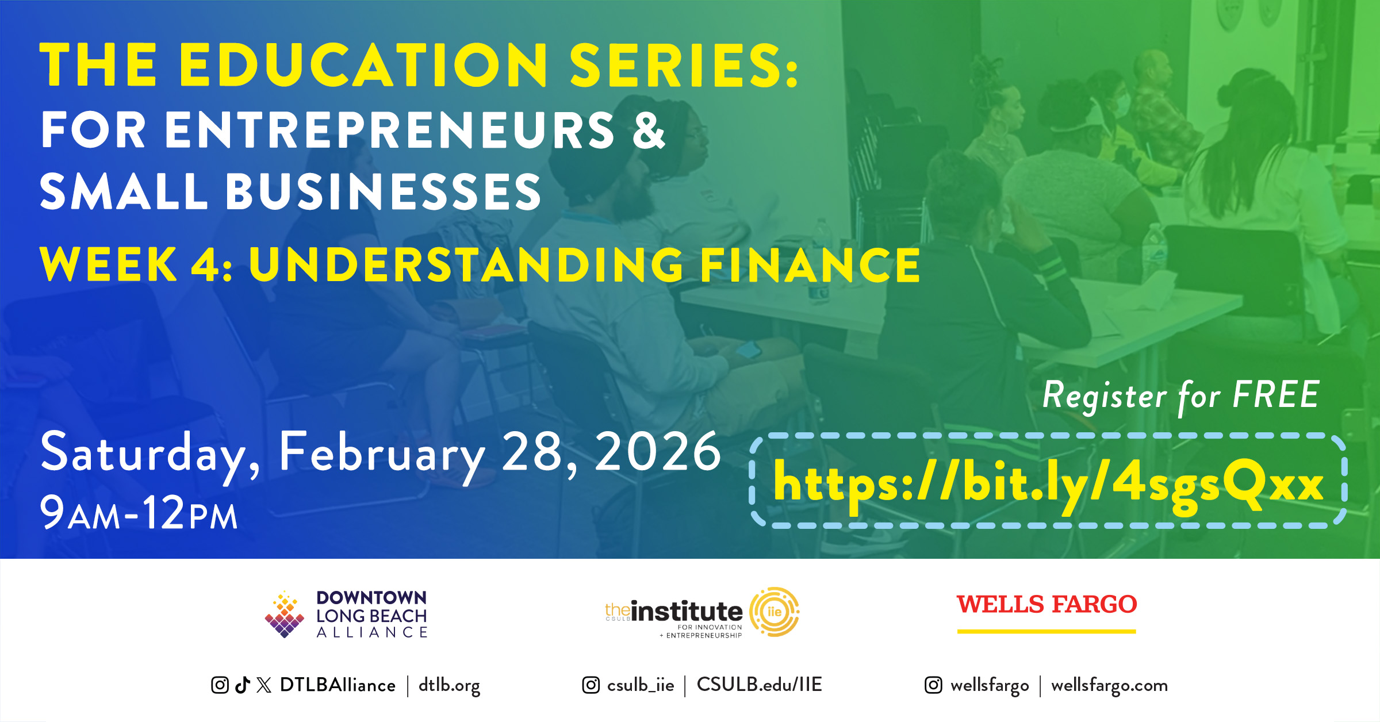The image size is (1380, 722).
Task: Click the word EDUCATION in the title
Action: coord(363,65)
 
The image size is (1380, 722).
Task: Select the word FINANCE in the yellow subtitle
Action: coord(810,264)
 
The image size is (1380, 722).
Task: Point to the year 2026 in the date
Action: coord(658,452)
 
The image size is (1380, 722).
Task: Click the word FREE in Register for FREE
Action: coord(1276,394)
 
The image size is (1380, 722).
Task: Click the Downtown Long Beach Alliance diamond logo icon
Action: coord(284,614)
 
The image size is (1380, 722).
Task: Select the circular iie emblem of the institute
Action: coord(775,612)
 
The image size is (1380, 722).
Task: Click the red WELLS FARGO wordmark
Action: coord(1046,604)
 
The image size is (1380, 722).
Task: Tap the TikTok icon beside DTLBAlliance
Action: coord(243,685)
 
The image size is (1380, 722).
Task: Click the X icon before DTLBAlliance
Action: coord(264,685)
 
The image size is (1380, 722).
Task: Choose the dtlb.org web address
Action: coord(449,685)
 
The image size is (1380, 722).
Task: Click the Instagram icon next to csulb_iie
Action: coord(591,685)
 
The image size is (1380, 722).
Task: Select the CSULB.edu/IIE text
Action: coord(759,684)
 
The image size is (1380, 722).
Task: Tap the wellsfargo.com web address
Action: coord(1109,686)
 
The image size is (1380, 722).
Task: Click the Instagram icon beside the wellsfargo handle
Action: coord(933,685)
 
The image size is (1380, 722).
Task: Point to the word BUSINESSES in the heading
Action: coord(383,191)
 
